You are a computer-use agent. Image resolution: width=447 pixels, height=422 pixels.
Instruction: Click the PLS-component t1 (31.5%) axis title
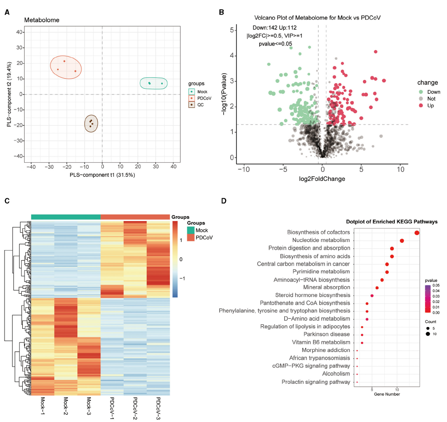point(102,175)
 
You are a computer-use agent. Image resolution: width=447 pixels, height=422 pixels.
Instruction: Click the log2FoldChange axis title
point(322,179)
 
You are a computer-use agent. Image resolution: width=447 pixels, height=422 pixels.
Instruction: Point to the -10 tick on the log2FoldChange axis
point(244,169)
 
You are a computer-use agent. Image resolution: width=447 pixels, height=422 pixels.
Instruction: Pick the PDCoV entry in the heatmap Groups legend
point(204,237)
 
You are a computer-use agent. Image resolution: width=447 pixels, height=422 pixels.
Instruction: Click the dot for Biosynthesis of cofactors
point(417,233)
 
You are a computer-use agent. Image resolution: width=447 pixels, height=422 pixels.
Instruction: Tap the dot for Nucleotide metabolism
point(402,241)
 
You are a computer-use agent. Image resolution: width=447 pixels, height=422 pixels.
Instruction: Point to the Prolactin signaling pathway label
point(316,382)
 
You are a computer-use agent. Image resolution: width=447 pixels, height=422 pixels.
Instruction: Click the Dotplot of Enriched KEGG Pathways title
point(392,221)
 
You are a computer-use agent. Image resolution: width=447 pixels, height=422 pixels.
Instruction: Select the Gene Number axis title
point(387,394)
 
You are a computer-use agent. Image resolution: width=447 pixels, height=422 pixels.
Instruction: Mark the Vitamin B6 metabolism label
point(321,342)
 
